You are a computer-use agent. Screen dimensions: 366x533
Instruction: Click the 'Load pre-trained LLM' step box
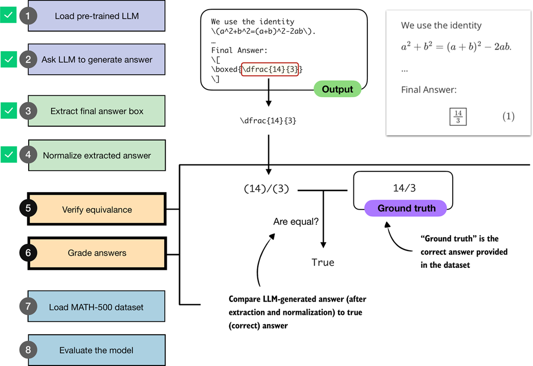[97, 16]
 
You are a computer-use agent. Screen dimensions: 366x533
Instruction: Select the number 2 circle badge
[28, 59]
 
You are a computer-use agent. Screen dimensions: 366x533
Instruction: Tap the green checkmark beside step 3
[8, 110]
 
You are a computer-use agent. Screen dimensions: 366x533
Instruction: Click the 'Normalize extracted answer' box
[97, 155]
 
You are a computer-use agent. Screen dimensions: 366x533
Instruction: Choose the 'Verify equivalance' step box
[97, 210]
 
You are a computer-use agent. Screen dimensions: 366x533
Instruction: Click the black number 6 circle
[28, 253]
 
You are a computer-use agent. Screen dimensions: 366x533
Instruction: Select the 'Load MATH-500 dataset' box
[97, 307]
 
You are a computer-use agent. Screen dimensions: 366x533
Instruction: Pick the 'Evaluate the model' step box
[97, 350]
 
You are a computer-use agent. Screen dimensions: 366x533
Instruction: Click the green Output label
[337, 89]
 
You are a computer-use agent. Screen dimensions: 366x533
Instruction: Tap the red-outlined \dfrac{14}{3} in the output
[270, 69]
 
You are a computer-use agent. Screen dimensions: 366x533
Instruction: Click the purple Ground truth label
[406, 208]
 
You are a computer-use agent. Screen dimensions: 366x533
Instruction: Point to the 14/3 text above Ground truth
[404, 188]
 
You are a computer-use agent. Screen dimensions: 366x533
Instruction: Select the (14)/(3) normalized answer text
[266, 189]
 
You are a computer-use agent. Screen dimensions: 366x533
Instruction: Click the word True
[323, 262]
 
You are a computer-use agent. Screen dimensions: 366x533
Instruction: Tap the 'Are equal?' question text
[295, 222]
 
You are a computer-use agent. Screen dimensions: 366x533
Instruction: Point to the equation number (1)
[507, 117]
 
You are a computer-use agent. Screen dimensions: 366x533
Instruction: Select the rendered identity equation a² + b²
[456, 47]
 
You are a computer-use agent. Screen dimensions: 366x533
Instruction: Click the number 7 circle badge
[28, 307]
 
